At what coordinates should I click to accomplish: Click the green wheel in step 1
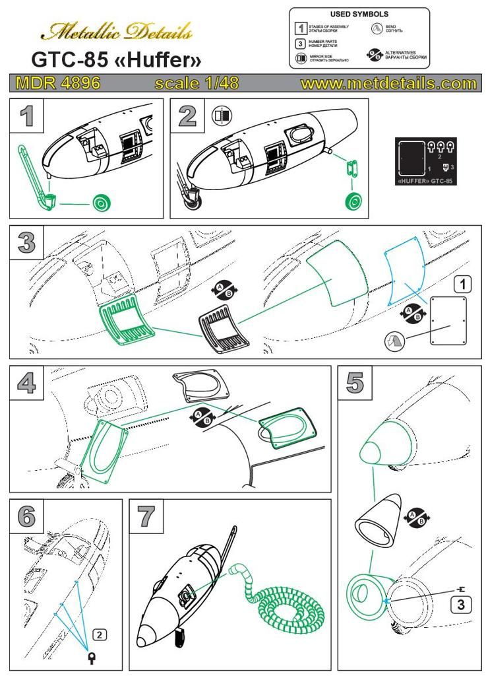101,204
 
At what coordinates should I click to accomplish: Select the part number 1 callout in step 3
464,285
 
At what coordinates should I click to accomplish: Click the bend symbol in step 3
394,342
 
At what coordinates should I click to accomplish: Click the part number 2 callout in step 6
98,634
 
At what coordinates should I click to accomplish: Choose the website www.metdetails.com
388,84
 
